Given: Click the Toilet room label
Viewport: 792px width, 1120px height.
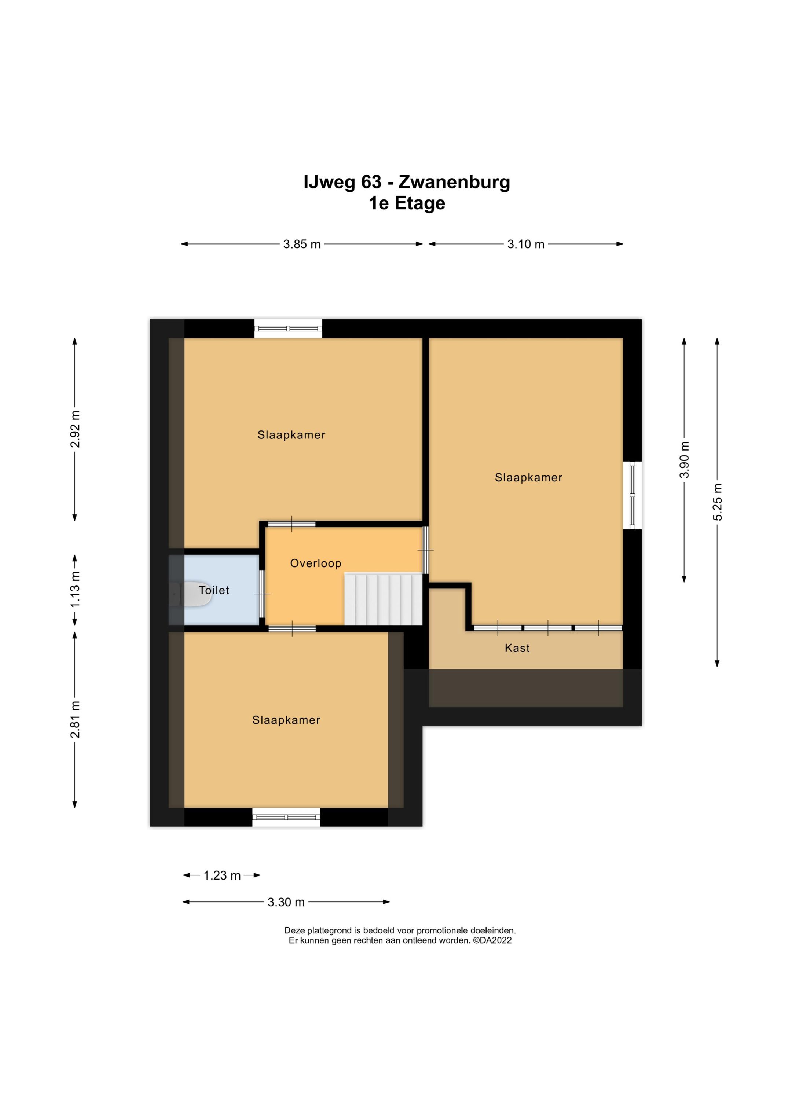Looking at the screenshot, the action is pyautogui.click(x=214, y=590).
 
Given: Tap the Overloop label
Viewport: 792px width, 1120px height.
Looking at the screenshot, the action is pyautogui.click(x=316, y=563).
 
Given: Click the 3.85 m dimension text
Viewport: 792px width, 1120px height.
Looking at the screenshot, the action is pyautogui.click(x=302, y=244).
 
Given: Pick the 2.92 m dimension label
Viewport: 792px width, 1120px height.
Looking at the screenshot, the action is pyautogui.click(x=75, y=429).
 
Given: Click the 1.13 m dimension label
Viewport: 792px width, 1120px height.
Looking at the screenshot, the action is pyautogui.click(x=75, y=590).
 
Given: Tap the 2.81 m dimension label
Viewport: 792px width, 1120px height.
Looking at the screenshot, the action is pyautogui.click(x=75, y=720).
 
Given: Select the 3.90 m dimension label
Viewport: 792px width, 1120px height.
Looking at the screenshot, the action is pyautogui.click(x=685, y=459).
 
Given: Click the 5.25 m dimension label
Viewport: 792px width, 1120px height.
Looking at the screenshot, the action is pyautogui.click(x=717, y=502).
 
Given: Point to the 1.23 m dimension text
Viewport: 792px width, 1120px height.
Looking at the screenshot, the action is pyautogui.click(x=222, y=875).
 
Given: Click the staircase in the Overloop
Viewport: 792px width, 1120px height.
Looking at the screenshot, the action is pyautogui.click(x=383, y=599).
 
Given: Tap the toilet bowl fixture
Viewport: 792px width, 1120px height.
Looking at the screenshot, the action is pyautogui.click(x=193, y=594).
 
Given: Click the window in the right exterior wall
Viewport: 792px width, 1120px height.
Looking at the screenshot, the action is pyautogui.click(x=632, y=495).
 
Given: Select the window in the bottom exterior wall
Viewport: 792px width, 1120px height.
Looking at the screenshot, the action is pyautogui.click(x=286, y=817).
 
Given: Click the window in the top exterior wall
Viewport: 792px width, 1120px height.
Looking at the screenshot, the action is pyautogui.click(x=288, y=328).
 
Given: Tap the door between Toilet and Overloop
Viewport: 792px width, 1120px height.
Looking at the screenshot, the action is pyautogui.click(x=262, y=594).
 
